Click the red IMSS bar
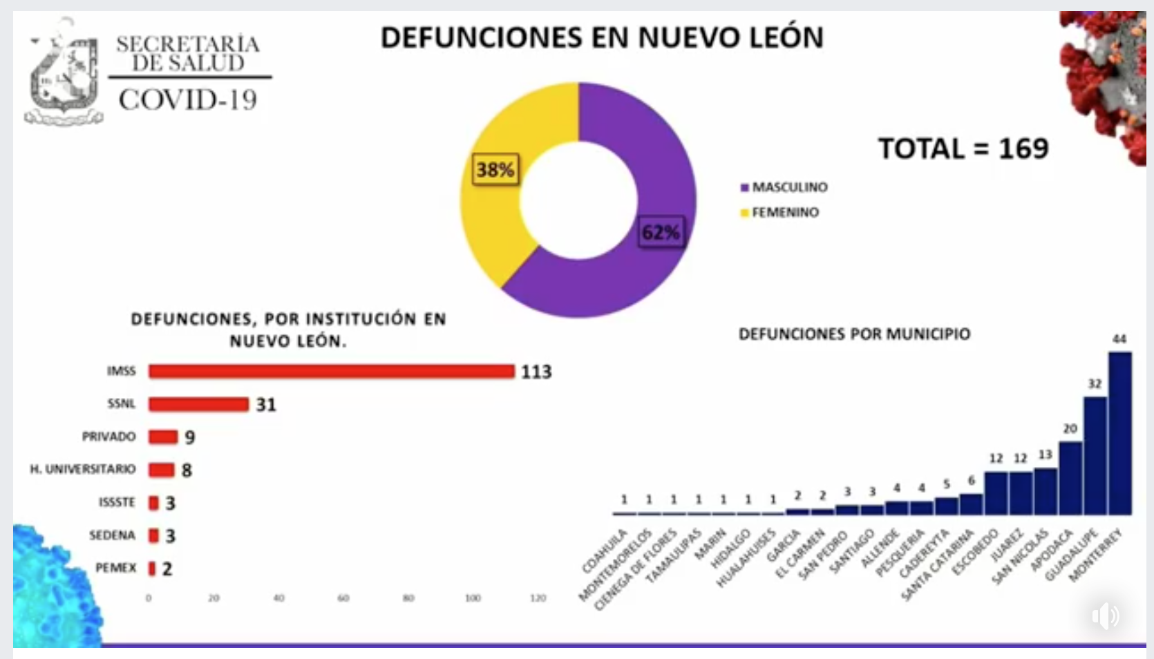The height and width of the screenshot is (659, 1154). pyautogui.click(x=332, y=372)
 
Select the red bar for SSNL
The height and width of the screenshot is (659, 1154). pyautogui.click(x=198, y=404)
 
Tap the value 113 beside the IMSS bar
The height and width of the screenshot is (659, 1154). pyautogui.click(x=536, y=372)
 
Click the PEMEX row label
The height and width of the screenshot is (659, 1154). pyautogui.click(x=116, y=568)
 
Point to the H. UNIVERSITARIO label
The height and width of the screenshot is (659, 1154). pyautogui.click(x=83, y=469)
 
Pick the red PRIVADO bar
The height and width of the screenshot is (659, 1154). pyautogui.click(x=163, y=437)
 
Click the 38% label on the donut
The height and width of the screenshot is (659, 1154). pyautogui.click(x=495, y=169)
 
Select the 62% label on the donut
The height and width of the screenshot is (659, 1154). pyautogui.click(x=661, y=232)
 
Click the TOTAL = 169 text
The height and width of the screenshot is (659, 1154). pyautogui.click(x=963, y=149)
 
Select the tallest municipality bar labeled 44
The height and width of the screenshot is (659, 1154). pyautogui.click(x=1120, y=433)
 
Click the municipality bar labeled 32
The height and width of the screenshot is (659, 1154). pyautogui.click(x=1095, y=456)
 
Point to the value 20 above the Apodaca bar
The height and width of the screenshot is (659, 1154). pyautogui.click(x=1070, y=428)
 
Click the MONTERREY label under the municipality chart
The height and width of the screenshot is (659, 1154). pyautogui.click(x=1096, y=555)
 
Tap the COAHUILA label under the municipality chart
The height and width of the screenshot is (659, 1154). pyautogui.click(x=605, y=551)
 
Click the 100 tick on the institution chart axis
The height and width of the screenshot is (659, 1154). pyautogui.click(x=473, y=598)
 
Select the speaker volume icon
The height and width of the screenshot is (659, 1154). pyautogui.click(x=1106, y=615)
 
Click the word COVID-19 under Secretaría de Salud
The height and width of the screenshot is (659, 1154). pyautogui.click(x=188, y=100)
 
